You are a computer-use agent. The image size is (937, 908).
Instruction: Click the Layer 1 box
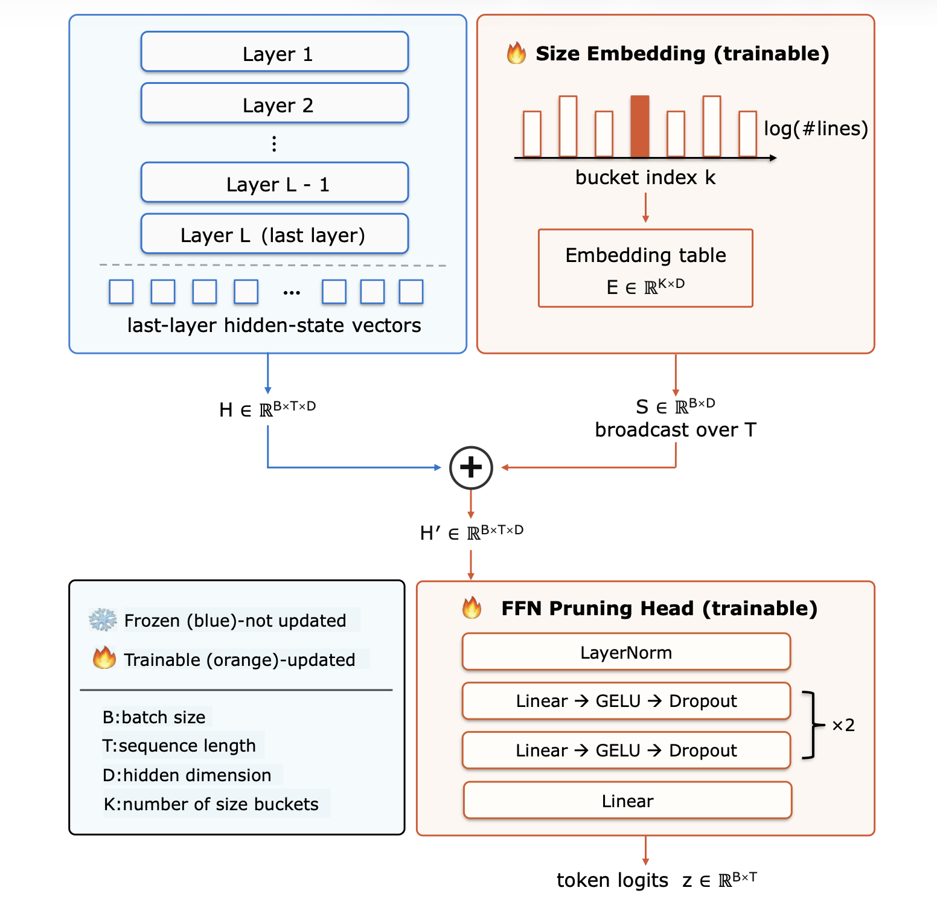click(275, 52)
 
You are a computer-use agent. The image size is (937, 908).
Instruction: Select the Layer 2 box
click(275, 103)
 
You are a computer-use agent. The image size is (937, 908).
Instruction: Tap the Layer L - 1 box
click(275, 182)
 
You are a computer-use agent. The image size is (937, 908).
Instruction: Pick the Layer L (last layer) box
click(275, 234)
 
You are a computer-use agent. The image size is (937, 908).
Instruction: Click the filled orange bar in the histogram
click(640, 126)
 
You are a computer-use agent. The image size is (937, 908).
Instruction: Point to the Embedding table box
click(645, 268)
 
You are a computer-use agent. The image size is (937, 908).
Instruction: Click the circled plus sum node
click(471, 468)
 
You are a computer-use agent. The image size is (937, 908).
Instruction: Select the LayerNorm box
click(626, 652)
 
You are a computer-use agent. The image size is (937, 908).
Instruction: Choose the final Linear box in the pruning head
click(627, 801)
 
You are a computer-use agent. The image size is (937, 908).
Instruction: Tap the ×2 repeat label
click(843, 725)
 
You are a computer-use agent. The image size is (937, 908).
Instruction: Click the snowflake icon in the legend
click(103, 620)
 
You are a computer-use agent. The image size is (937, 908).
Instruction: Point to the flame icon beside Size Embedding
click(516, 53)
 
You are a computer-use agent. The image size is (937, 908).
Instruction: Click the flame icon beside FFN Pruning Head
click(472, 607)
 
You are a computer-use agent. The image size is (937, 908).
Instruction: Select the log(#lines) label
click(816, 129)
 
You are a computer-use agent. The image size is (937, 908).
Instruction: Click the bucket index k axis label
click(645, 177)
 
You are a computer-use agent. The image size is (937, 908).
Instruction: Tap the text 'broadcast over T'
click(676, 430)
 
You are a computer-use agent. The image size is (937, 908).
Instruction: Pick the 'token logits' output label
click(612, 880)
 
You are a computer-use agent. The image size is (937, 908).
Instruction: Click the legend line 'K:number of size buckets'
click(211, 804)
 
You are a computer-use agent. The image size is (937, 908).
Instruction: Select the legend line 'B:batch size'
click(154, 717)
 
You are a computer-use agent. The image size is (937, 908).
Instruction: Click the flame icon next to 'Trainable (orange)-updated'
click(104, 657)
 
